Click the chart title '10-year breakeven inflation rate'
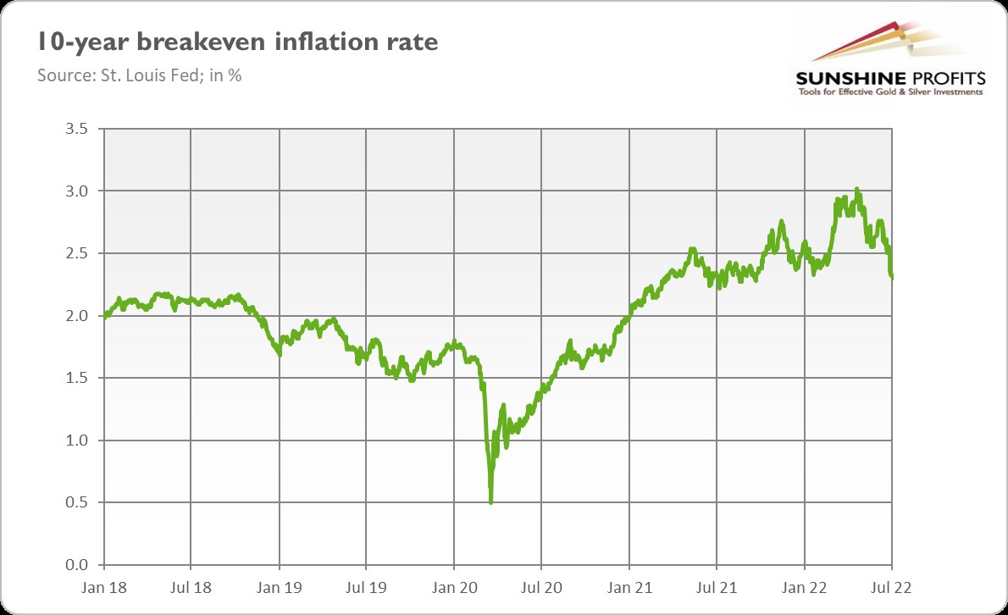coord(237,42)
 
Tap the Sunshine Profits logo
coord(889,64)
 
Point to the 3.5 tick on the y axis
coord(76,130)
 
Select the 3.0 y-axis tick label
coord(76,191)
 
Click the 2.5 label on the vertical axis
coord(76,253)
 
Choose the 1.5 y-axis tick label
coord(76,378)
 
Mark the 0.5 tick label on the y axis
coord(76,502)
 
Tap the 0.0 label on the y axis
coord(76,565)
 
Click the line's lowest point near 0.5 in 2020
coord(491,502)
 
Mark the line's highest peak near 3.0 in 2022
coord(857,189)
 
